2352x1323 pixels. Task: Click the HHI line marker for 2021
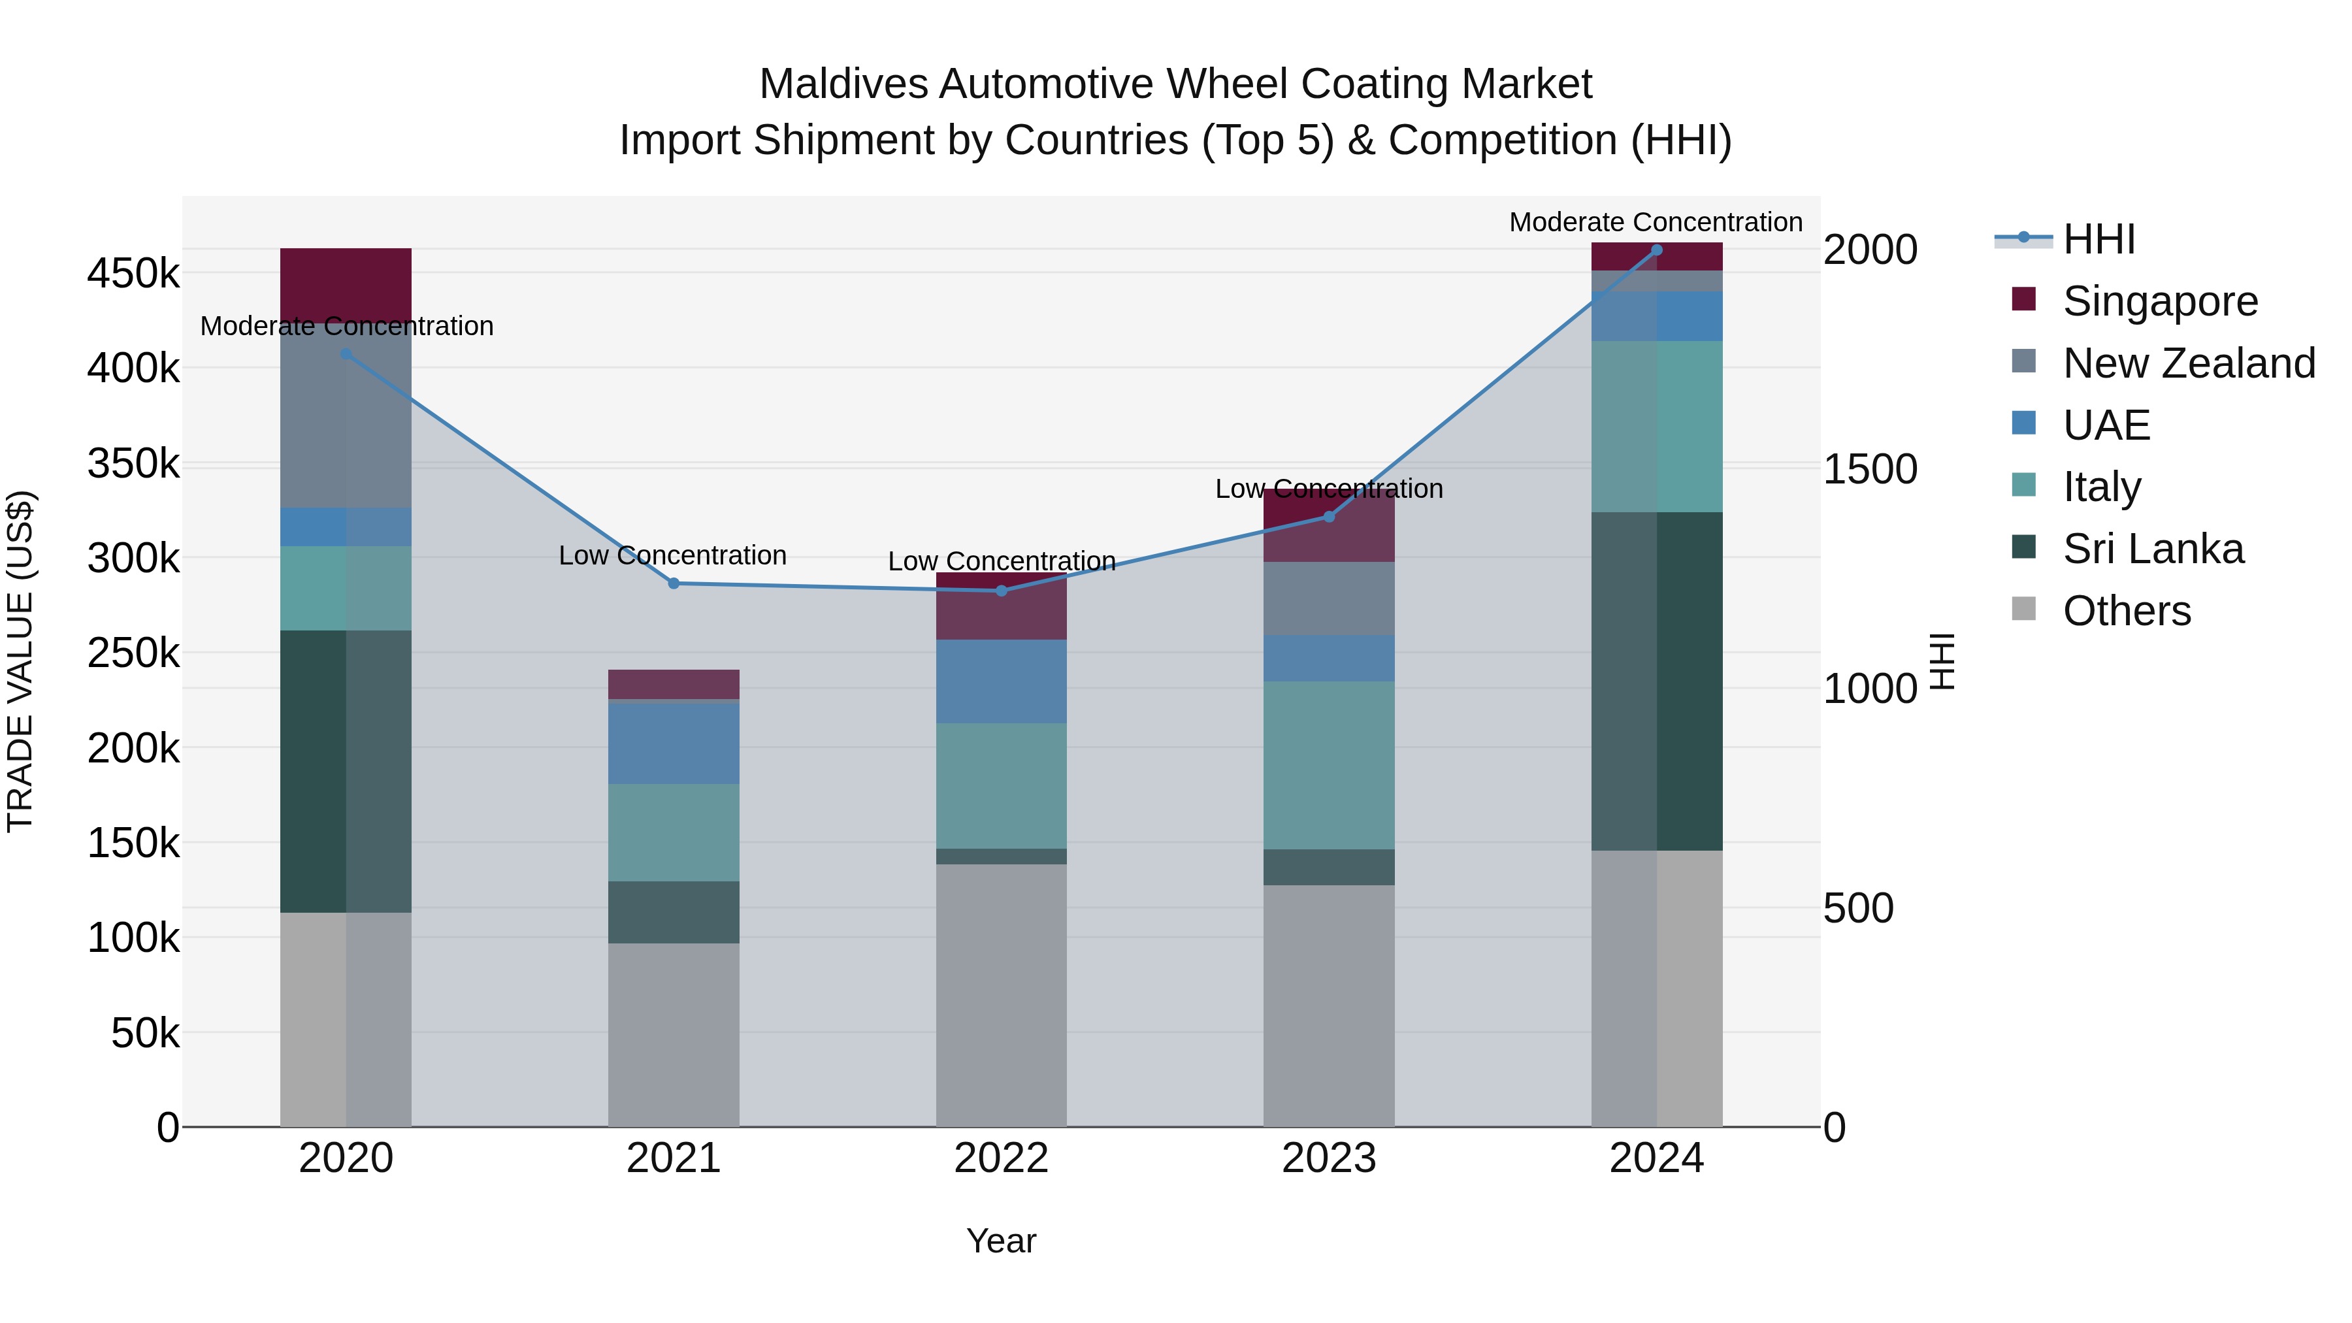674,583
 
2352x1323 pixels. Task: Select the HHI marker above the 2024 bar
1656,250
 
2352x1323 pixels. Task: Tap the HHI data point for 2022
1002,591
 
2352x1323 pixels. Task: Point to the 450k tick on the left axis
133,273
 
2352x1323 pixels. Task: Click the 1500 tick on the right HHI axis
1870,469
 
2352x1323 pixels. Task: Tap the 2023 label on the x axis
1328,1158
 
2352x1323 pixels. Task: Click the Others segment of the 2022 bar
1002,995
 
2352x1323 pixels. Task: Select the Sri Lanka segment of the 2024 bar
1656,681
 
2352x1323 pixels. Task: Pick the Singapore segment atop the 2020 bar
345,283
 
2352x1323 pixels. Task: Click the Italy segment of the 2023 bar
1328,765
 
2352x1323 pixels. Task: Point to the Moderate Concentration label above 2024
1656,222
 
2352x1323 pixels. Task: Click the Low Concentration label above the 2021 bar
672,555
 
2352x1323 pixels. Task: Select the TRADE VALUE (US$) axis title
20,661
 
